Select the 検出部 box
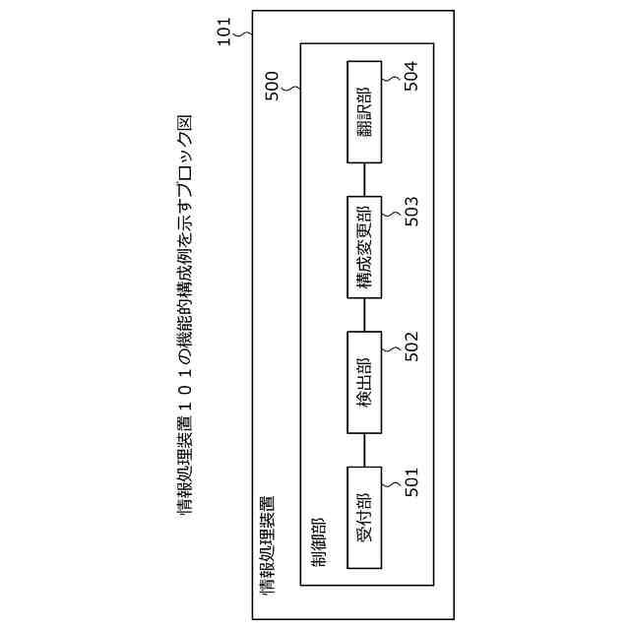[364, 382]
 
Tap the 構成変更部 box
[364, 246]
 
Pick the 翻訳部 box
[364, 111]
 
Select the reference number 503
[411, 211]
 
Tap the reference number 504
[411, 76]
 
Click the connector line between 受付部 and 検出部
[364, 449]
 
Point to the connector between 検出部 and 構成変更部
[364, 314]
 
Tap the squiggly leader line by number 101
[246, 35]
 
